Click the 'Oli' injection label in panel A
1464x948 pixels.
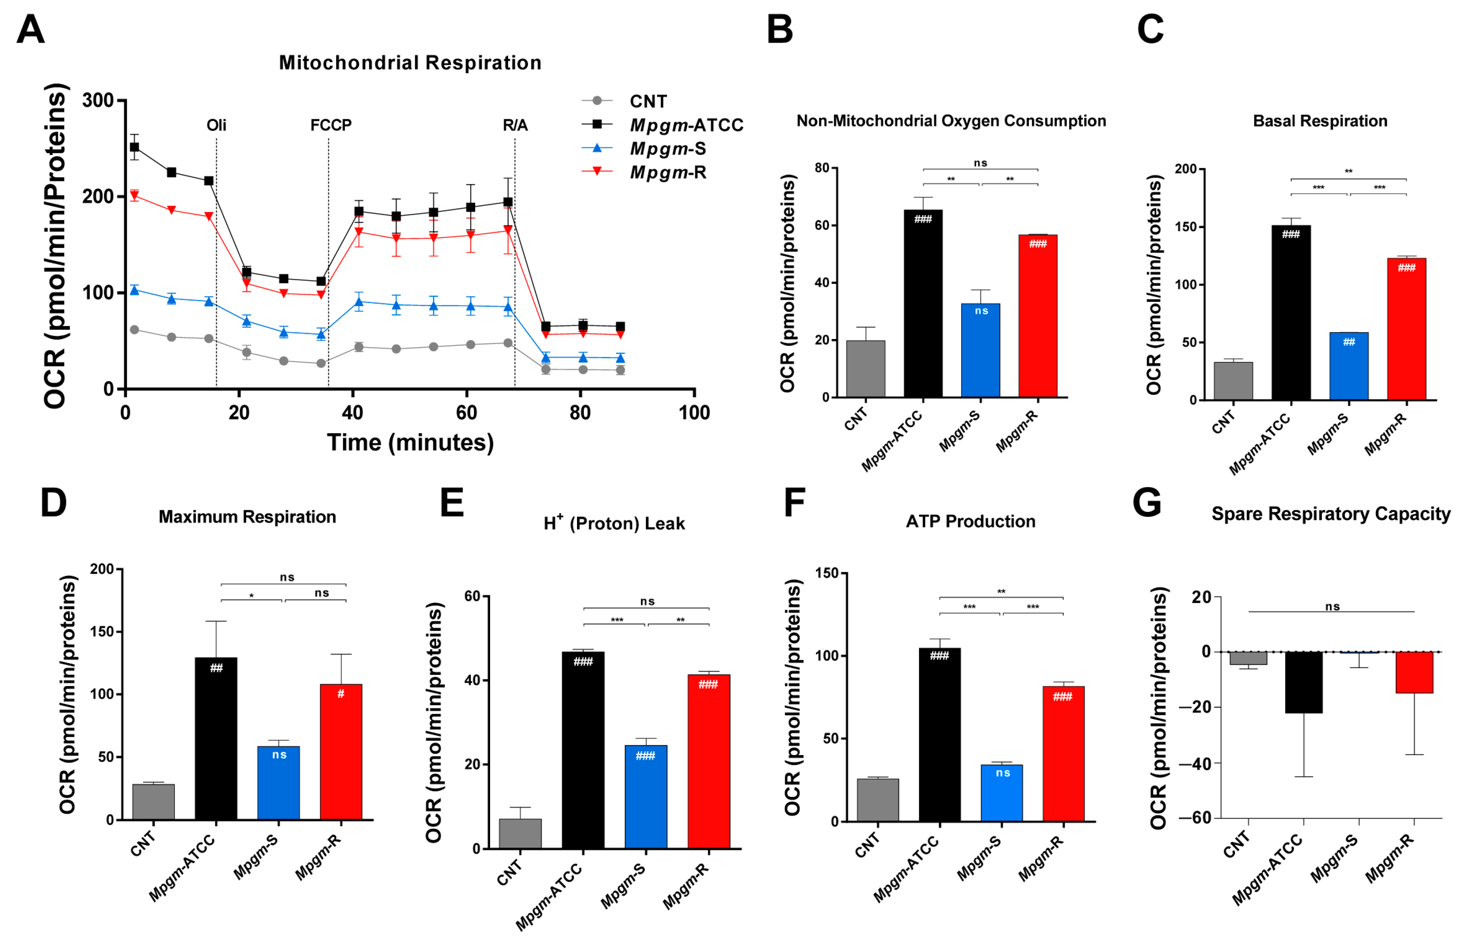coord(216,126)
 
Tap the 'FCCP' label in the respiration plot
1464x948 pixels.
coord(331,126)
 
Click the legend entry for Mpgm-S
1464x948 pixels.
coord(667,149)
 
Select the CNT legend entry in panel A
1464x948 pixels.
coord(648,101)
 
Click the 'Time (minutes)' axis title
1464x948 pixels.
coord(410,443)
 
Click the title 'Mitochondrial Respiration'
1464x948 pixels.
coord(410,63)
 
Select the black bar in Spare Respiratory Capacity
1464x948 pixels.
coord(1303,682)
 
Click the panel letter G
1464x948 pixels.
coord(1147,503)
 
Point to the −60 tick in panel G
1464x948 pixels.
coord(1195,818)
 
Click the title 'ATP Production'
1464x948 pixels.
coord(970,522)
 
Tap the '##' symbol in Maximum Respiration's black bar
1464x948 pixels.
coord(216,668)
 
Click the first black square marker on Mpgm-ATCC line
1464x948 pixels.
coord(134,147)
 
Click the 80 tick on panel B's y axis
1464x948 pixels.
coord(822,168)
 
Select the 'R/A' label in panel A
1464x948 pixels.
coord(515,126)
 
